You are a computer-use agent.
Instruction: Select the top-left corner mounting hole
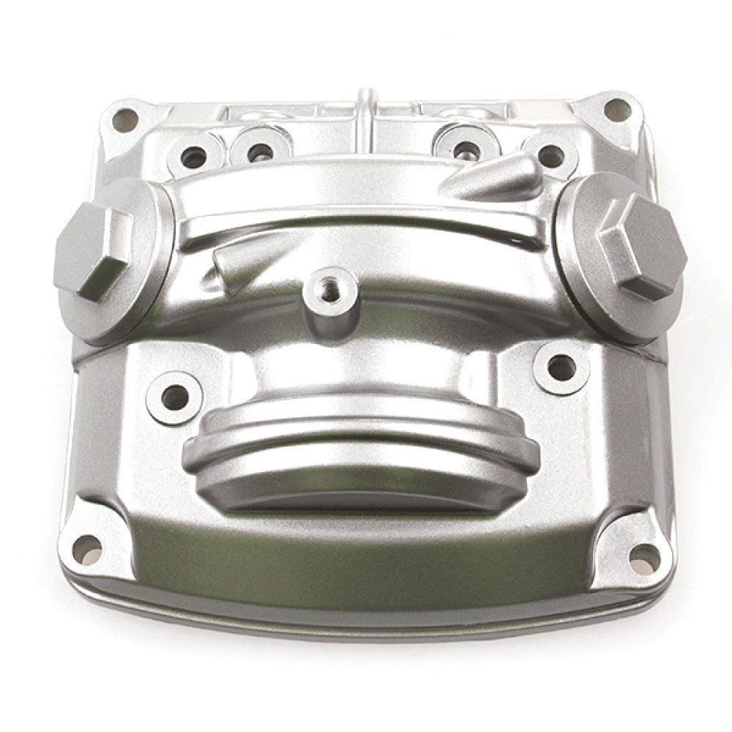click(125, 117)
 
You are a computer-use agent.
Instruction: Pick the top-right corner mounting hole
click(617, 111)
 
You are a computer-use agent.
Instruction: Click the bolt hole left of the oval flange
click(174, 398)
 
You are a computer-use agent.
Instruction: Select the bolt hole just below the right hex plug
click(561, 368)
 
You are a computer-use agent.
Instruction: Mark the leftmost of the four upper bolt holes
click(194, 156)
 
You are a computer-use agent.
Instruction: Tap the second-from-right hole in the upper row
click(465, 150)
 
